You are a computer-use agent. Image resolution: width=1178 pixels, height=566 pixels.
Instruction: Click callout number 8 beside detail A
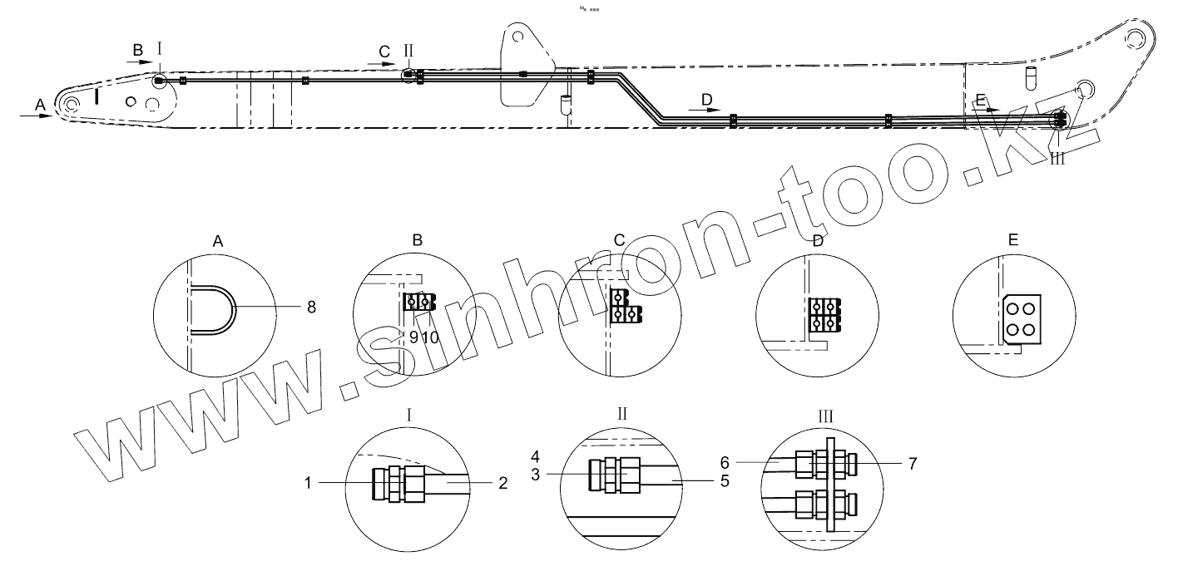coord(311,308)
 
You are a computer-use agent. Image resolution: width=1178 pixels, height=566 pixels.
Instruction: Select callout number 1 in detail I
coord(308,482)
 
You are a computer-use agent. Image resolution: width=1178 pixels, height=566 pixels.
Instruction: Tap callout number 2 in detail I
coord(503,483)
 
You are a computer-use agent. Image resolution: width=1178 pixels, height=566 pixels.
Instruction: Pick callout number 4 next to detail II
coord(536,456)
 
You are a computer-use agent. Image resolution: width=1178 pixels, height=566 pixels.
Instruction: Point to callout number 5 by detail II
coord(725,481)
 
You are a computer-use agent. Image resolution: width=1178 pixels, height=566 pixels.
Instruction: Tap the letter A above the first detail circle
coord(218,241)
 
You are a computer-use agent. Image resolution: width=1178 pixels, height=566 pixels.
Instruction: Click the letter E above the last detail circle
coord(1013,239)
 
